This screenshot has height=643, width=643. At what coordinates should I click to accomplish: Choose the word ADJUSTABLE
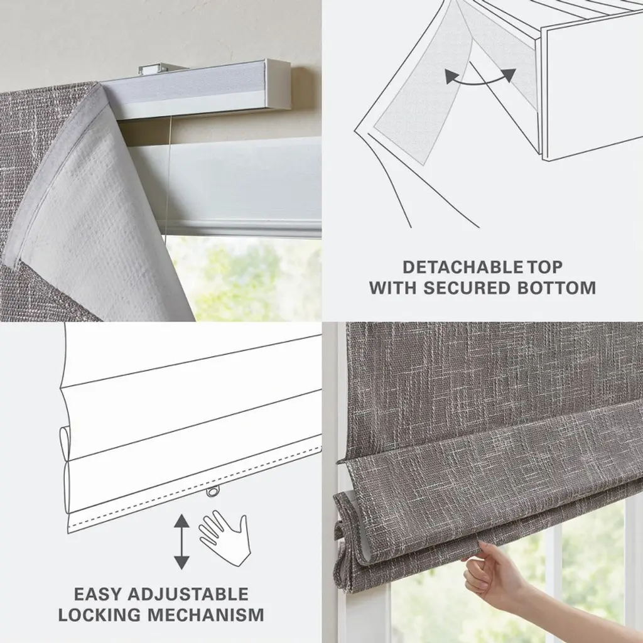click(188, 594)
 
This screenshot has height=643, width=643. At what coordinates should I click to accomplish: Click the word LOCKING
click(100, 615)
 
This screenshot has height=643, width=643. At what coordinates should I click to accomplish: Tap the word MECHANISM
click(206, 615)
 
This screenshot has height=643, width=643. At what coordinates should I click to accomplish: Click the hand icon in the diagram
click(225, 536)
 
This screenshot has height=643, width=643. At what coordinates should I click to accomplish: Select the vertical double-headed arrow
click(181, 541)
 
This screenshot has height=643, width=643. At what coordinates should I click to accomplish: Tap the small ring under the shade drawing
click(212, 491)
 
